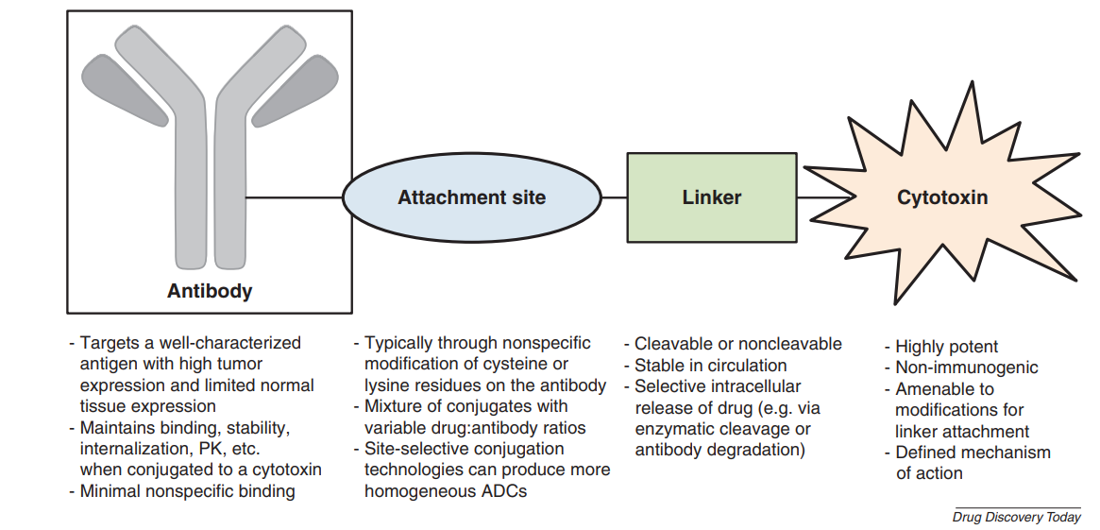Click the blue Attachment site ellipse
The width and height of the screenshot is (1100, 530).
(471, 197)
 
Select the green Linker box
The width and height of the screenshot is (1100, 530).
(711, 197)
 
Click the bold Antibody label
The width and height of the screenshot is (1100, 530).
(210, 291)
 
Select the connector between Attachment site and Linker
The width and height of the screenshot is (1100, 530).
(614, 197)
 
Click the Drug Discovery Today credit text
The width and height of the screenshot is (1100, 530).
(1016, 517)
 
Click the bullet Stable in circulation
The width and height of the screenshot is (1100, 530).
(710, 365)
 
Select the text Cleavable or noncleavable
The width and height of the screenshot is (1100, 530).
(737, 344)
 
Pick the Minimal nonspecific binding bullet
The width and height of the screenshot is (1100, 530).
(187, 490)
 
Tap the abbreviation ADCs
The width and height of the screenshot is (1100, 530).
(504, 490)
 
